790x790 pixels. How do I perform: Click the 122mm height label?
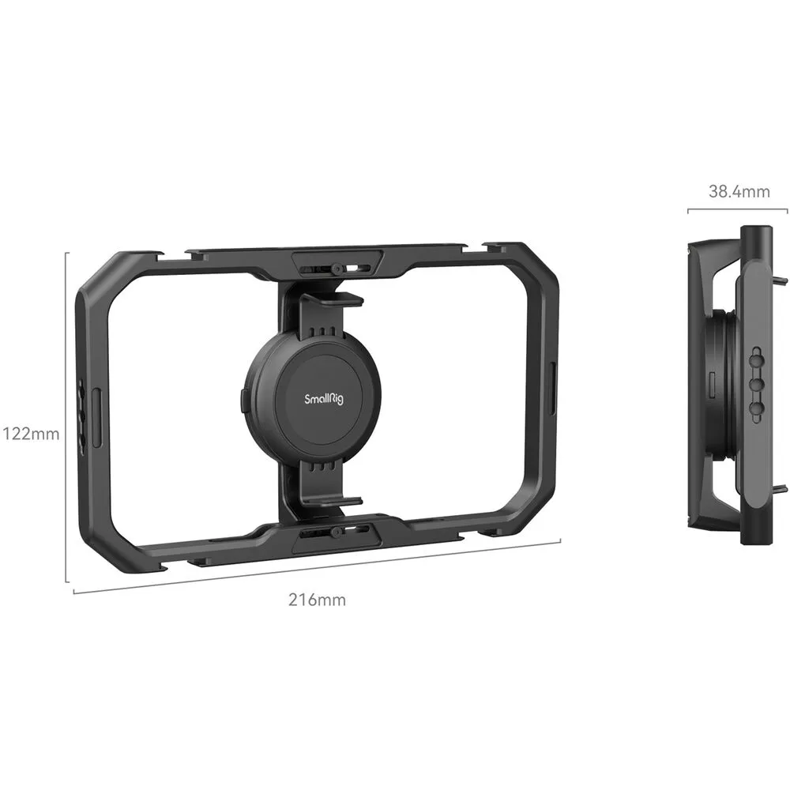coord(32,434)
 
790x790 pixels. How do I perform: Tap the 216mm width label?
coord(317,600)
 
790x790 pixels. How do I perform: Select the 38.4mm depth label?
coord(739,191)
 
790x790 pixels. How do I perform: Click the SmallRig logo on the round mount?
coord(324,400)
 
